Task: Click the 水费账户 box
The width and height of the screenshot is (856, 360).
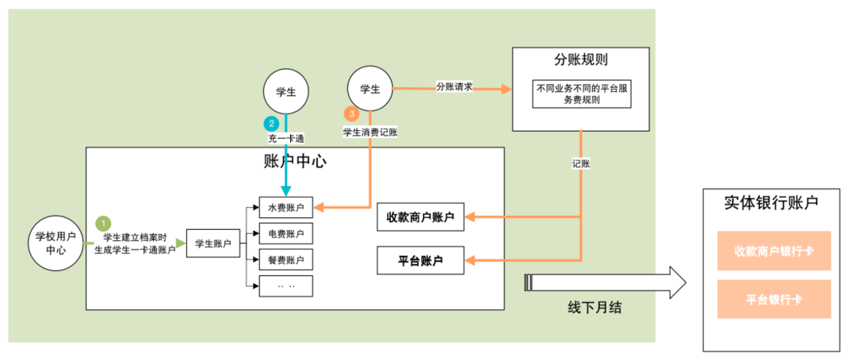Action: (x=286, y=208)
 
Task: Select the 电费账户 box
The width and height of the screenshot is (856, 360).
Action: (x=286, y=234)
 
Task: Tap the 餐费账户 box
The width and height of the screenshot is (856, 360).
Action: (x=286, y=259)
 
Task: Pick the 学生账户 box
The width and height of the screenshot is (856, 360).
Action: (x=213, y=243)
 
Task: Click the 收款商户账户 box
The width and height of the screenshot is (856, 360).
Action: (x=420, y=217)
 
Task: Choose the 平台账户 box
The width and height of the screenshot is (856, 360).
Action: (x=420, y=260)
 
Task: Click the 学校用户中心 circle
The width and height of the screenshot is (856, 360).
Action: (x=55, y=243)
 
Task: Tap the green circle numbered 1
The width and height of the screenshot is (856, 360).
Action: (x=103, y=223)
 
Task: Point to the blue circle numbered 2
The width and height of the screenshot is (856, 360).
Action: (x=269, y=123)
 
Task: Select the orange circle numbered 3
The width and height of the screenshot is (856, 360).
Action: (x=351, y=114)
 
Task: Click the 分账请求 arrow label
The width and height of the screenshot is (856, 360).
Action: (x=453, y=86)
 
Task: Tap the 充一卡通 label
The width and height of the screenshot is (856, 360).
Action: (x=286, y=138)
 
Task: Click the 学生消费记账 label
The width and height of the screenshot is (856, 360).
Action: (x=369, y=132)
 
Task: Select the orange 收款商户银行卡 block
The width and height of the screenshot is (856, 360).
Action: (x=774, y=251)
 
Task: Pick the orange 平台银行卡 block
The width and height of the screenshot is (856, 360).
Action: (x=774, y=300)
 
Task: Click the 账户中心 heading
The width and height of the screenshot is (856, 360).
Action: (x=295, y=162)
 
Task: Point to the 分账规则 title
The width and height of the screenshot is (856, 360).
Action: (x=581, y=59)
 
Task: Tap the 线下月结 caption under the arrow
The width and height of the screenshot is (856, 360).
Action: (x=594, y=308)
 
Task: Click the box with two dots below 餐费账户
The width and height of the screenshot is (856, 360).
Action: (x=286, y=285)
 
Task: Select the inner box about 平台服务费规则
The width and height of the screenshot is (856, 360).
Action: (x=582, y=94)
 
